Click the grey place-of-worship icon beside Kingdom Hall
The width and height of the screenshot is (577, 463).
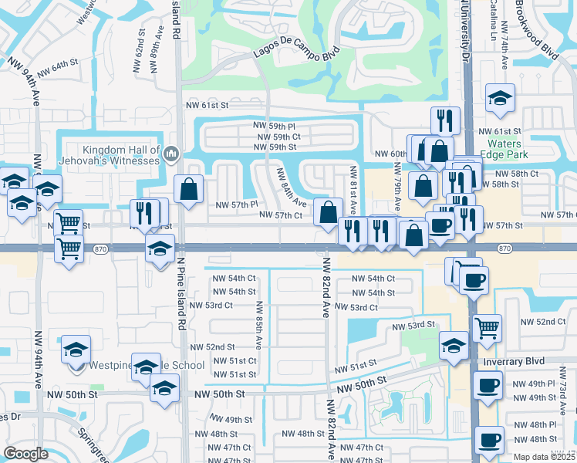[x=170, y=154]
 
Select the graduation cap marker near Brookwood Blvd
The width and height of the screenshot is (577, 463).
[x=500, y=99]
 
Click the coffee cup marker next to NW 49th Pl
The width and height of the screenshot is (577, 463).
[x=487, y=385]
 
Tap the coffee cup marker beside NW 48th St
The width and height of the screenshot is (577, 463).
[x=490, y=440]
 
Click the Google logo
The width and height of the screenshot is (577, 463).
[x=25, y=454]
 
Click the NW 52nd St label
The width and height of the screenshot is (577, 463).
[x=212, y=347]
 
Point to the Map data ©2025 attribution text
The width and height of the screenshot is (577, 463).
[x=545, y=457]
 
